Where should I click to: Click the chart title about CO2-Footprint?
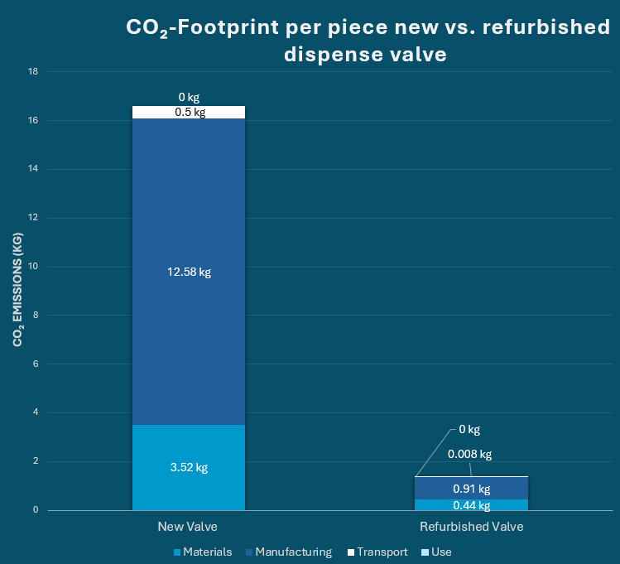pyautogui.click(x=367, y=41)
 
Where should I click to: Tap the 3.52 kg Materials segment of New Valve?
pyautogui.click(x=189, y=467)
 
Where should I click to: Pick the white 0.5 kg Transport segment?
pyautogui.click(x=189, y=112)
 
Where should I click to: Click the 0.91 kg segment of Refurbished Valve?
pyautogui.click(x=471, y=488)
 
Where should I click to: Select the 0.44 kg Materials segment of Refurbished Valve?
pyautogui.click(x=471, y=505)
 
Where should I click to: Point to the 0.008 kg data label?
pyautogui.click(x=469, y=454)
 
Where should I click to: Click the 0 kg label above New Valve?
pyautogui.click(x=189, y=97)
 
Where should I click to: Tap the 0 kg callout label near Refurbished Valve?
pyautogui.click(x=469, y=430)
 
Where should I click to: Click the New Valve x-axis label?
pyautogui.click(x=188, y=527)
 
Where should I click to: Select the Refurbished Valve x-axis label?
pyautogui.click(x=471, y=527)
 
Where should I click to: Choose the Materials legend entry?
pyautogui.click(x=203, y=552)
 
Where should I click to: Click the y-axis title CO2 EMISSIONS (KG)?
pyautogui.click(x=17, y=290)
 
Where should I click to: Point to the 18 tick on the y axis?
pyautogui.click(x=34, y=72)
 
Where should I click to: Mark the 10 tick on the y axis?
pyautogui.click(x=34, y=267)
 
